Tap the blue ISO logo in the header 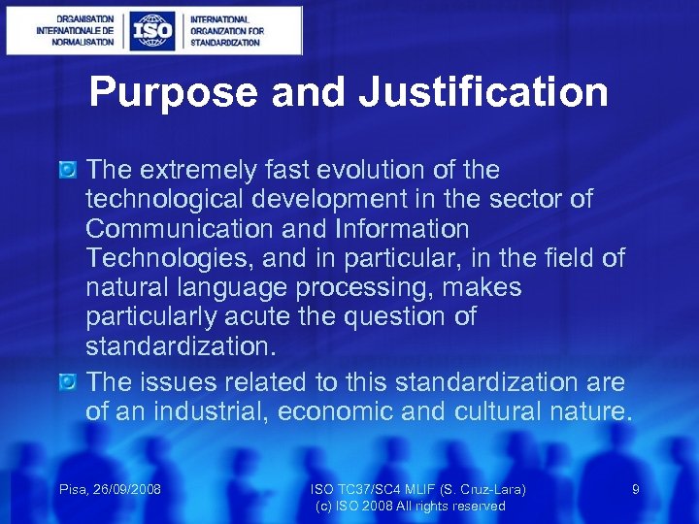click(x=152, y=30)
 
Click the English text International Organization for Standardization click(x=227, y=30)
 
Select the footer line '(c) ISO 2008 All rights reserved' click(x=411, y=506)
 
